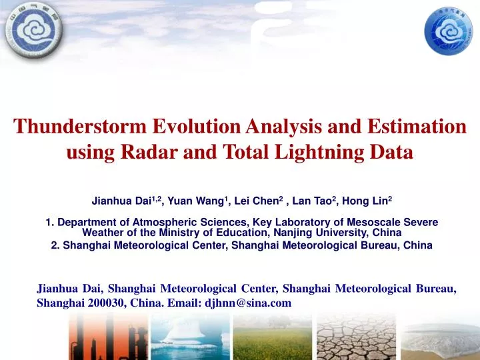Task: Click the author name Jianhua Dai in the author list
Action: point(121,199)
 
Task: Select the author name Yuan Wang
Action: point(192,199)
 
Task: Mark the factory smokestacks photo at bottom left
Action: point(107,337)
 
